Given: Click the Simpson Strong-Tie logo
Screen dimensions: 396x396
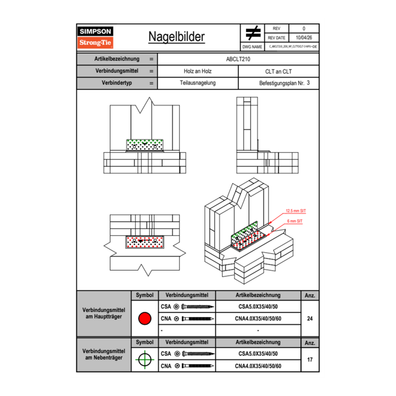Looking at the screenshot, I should click(96, 37).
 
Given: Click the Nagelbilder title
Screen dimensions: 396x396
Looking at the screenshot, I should click(176, 37).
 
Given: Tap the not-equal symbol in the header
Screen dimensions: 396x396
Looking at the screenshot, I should click(253, 33).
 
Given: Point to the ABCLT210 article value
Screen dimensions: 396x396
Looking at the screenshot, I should click(238, 59).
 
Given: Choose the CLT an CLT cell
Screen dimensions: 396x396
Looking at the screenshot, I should click(279, 71).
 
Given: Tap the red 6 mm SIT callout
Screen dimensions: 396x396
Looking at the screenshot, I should click(295, 221).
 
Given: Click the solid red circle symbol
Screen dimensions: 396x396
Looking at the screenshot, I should click(144, 319).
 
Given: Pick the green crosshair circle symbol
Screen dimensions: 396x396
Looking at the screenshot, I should click(144, 360).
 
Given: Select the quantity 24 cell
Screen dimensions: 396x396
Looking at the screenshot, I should click(310, 319).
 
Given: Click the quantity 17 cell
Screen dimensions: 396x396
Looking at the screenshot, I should click(310, 360).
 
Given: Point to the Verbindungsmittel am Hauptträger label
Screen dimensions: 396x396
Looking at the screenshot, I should click(103, 314).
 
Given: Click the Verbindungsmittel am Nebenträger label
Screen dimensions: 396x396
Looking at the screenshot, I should click(103, 354).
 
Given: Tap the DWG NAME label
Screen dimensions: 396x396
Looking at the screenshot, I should click(252, 46).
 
